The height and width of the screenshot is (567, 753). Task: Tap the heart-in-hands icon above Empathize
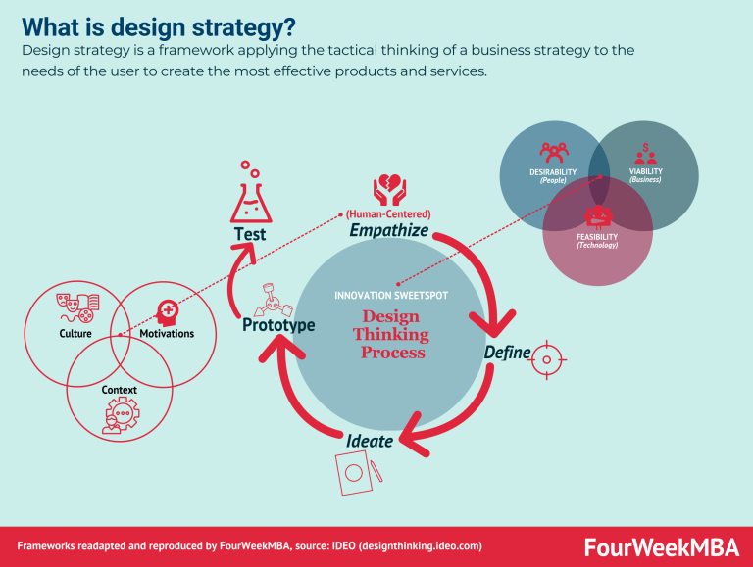388,190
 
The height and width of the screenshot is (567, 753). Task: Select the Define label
507,353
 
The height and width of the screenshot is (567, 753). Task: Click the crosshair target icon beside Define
546,360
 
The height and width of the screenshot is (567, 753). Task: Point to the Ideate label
370,441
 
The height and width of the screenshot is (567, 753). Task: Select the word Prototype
278,324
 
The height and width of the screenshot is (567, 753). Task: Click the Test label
249,235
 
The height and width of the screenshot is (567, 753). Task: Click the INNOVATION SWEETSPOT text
389,295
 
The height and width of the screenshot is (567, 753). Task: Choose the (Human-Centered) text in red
388,213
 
